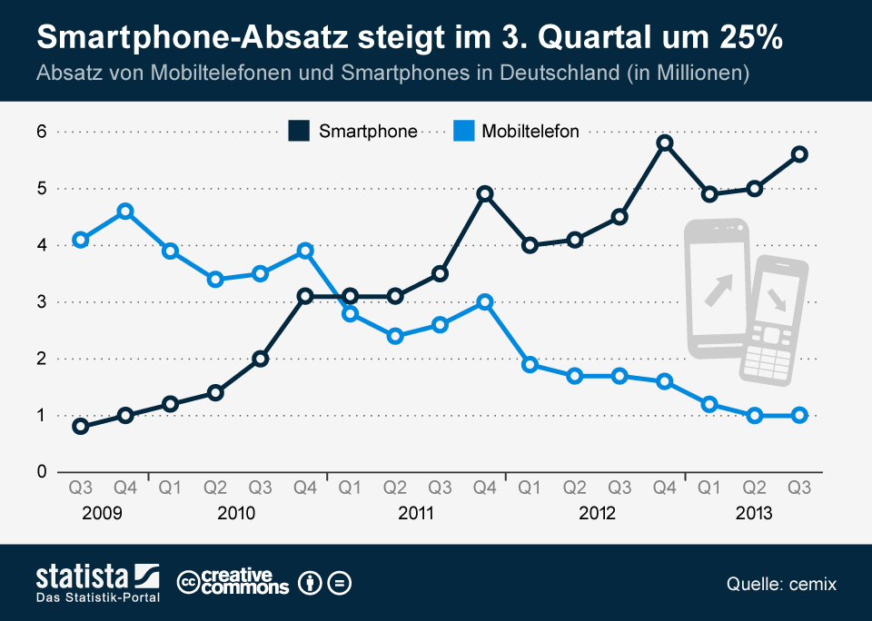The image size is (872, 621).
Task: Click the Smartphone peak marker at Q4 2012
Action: point(665,143)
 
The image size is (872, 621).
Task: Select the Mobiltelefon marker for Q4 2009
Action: point(125,212)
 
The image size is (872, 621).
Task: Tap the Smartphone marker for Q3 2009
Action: point(81,427)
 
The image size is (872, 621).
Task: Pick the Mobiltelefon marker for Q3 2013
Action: point(800,415)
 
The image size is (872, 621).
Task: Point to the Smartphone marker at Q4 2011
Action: point(485,194)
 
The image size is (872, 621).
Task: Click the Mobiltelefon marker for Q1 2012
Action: point(530,364)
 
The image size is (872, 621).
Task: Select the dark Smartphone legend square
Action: point(299,131)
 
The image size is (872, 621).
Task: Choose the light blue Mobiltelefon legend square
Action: point(462,131)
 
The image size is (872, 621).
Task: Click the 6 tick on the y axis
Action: point(42,132)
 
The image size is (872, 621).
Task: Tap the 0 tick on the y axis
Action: point(42,472)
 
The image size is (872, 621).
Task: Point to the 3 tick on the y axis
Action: point(42,302)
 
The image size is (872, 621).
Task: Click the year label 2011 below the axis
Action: point(416,514)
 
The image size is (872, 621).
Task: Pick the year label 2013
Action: point(754,514)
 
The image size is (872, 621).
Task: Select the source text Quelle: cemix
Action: point(781,584)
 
